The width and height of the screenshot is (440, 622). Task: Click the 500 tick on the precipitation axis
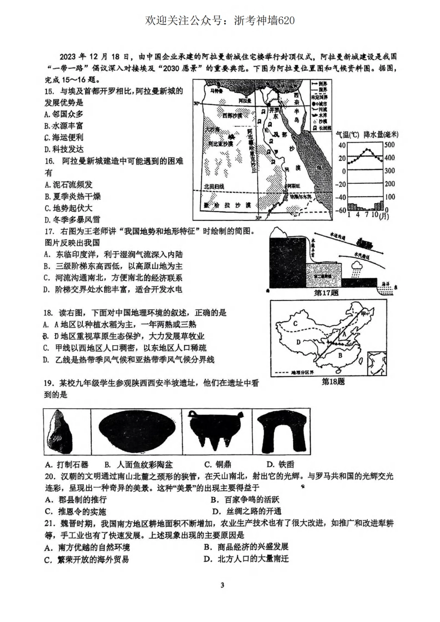[x=389, y=145]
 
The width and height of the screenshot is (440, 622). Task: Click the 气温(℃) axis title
[x=347, y=135]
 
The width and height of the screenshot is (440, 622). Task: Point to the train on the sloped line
[x=365, y=242]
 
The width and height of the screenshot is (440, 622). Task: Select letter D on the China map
[x=299, y=342]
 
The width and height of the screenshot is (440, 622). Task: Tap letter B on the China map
[x=340, y=355]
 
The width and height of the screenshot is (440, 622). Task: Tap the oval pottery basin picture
[x=137, y=431]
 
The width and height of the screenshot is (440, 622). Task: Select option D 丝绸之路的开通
[x=246, y=511]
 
